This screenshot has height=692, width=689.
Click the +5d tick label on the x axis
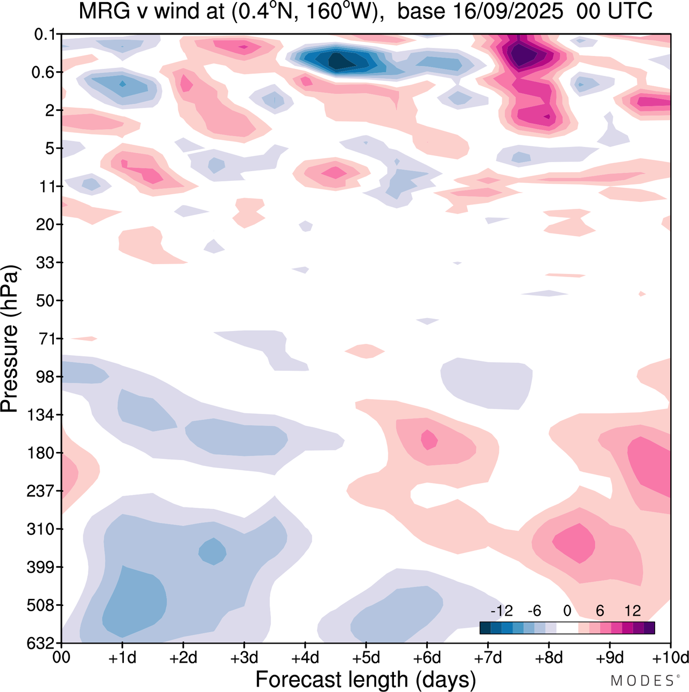[366, 658]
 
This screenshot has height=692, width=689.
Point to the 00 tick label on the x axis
[61, 658]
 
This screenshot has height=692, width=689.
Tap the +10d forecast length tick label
[670, 658]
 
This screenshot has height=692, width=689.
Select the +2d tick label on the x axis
[183, 658]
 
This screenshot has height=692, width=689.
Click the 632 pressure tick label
[41, 643]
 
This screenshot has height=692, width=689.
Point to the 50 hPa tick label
[45, 300]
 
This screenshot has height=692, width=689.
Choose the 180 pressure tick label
[41, 453]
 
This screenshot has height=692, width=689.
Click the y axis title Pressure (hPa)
[10, 339]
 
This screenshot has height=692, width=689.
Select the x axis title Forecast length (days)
[365, 680]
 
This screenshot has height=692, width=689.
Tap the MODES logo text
[642, 681]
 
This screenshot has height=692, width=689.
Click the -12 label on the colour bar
[501, 611]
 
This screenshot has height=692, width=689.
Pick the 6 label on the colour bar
[600, 611]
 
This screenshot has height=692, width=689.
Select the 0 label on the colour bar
[567, 611]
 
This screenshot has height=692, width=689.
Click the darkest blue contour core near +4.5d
[338, 61]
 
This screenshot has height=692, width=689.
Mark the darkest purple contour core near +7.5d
[521, 54]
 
